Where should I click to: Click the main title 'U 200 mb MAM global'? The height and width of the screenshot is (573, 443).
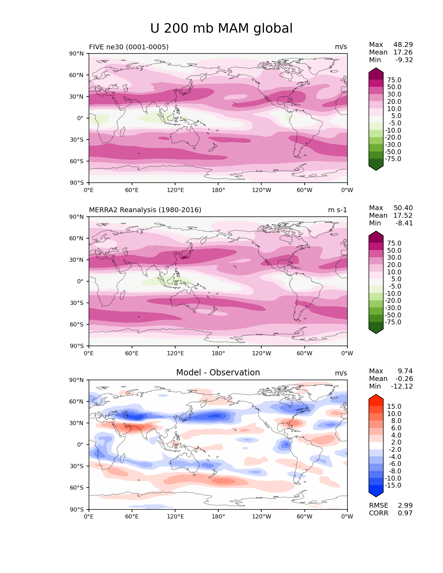pos(221,28)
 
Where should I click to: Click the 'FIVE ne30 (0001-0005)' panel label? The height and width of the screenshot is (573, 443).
pos(129,47)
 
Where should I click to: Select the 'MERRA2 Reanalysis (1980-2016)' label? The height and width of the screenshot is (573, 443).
pos(145,210)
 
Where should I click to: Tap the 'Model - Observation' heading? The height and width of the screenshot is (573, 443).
pos(218,373)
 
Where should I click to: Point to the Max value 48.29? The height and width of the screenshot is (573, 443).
pos(403,45)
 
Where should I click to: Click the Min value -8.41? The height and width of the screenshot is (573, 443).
pos(404,223)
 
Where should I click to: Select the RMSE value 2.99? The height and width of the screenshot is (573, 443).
pos(405,506)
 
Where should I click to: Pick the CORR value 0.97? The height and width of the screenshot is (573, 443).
pos(405,513)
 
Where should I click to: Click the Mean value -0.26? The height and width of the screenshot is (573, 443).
pos(404,379)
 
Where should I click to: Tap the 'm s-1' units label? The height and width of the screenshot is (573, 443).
pos(337,210)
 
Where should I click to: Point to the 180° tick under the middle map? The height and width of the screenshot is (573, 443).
pos(218,354)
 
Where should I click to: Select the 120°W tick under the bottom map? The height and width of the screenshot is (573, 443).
pos(262,517)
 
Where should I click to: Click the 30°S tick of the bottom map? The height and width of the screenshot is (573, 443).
pos(77,466)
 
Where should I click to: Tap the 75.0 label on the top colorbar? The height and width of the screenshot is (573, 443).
pos(394,80)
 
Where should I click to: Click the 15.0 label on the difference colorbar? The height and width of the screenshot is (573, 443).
pos(394,407)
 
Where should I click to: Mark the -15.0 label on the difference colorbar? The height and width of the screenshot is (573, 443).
pos(393,485)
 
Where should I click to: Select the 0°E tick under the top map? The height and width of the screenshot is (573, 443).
pos(89,190)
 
